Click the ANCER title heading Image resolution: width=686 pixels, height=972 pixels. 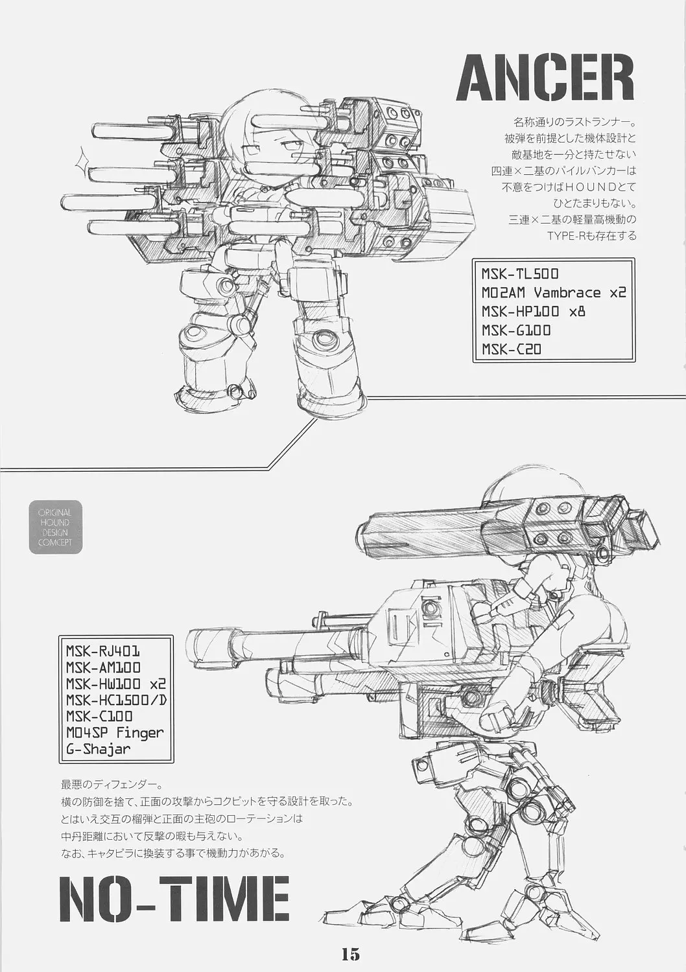(x=545, y=78)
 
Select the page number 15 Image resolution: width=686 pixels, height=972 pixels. (x=350, y=951)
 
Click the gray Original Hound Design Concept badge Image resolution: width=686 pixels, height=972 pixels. (x=56, y=527)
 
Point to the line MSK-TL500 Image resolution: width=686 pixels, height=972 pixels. (x=520, y=274)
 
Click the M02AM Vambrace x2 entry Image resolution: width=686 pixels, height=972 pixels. (x=554, y=293)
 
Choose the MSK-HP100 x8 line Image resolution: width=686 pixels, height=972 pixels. (x=533, y=312)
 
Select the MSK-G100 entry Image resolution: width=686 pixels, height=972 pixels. (x=516, y=330)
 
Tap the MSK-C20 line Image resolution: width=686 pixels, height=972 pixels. (x=512, y=349)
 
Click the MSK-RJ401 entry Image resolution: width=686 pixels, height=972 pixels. (x=103, y=651)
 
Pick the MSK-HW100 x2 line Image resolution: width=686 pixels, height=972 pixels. (x=116, y=684)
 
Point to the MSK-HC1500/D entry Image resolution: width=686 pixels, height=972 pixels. (x=116, y=700)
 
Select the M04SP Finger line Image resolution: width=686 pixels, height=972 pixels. (x=115, y=733)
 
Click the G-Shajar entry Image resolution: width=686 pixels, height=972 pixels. (x=98, y=749)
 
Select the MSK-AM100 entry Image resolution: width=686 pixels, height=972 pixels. (x=103, y=667)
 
